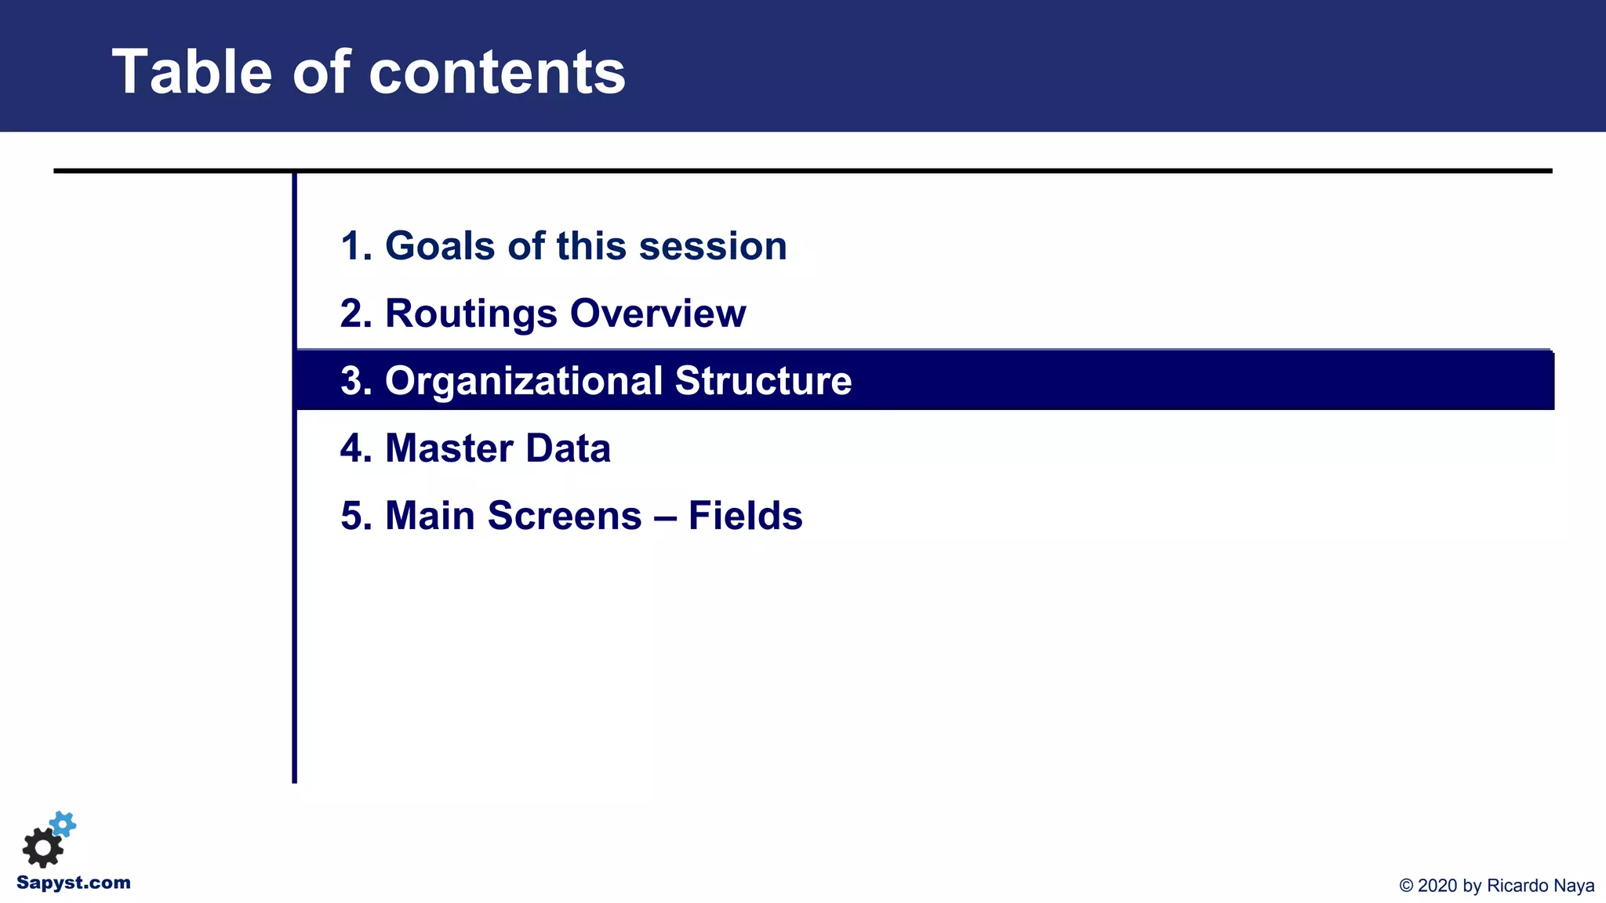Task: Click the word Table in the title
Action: pyautogui.click(x=191, y=72)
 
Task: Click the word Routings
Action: pyautogui.click(x=471, y=314)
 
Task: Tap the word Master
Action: pyautogui.click(x=449, y=448)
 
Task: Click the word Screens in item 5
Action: pyautogui.click(x=564, y=516)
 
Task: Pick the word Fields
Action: pyautogui.click(x=745, y=516)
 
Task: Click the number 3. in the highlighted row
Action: pyautogui.click(x=356, y=381)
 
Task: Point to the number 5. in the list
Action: pyautogui.click(x=356, y=516)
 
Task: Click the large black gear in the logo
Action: pyautogui.click(x=42, y=847)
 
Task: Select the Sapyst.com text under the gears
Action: pyautogui.click(x=74, y=883)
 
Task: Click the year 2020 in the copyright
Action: pyautogui.click(x=1438, y=886)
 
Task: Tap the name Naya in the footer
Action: pyautogui.click(x=1573, y=886)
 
